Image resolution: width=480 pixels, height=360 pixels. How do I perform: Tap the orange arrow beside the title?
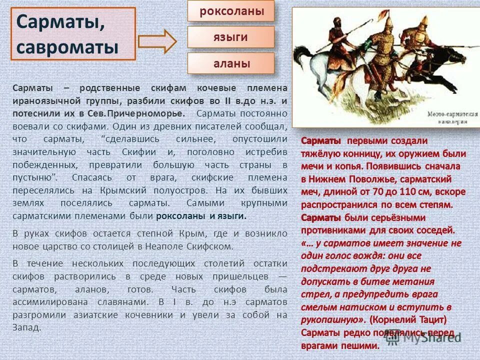157,41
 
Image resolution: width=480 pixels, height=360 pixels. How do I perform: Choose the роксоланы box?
231,11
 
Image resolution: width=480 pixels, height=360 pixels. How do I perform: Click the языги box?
231,37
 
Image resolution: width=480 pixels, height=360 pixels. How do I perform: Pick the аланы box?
231,63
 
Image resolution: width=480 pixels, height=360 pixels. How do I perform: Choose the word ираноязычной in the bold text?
38,100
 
